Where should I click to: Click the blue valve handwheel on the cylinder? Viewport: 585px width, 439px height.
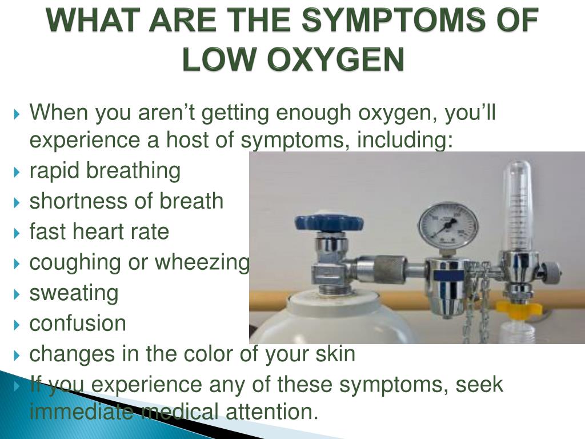(328, 222)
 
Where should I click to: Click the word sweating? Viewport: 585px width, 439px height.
(74, 293)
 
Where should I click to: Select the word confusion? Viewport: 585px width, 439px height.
(78, 323)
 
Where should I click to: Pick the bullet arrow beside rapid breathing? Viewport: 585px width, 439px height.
(17, 172)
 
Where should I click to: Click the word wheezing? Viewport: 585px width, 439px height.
(202, 263)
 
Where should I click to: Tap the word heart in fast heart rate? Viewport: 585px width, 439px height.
(98, 232)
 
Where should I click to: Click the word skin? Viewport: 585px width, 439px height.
(335, 353)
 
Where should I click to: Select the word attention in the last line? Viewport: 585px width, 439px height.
(271, 412)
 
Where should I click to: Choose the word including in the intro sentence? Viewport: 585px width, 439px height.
(405, 140)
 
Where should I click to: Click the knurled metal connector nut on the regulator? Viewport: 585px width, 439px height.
(389, 270)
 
